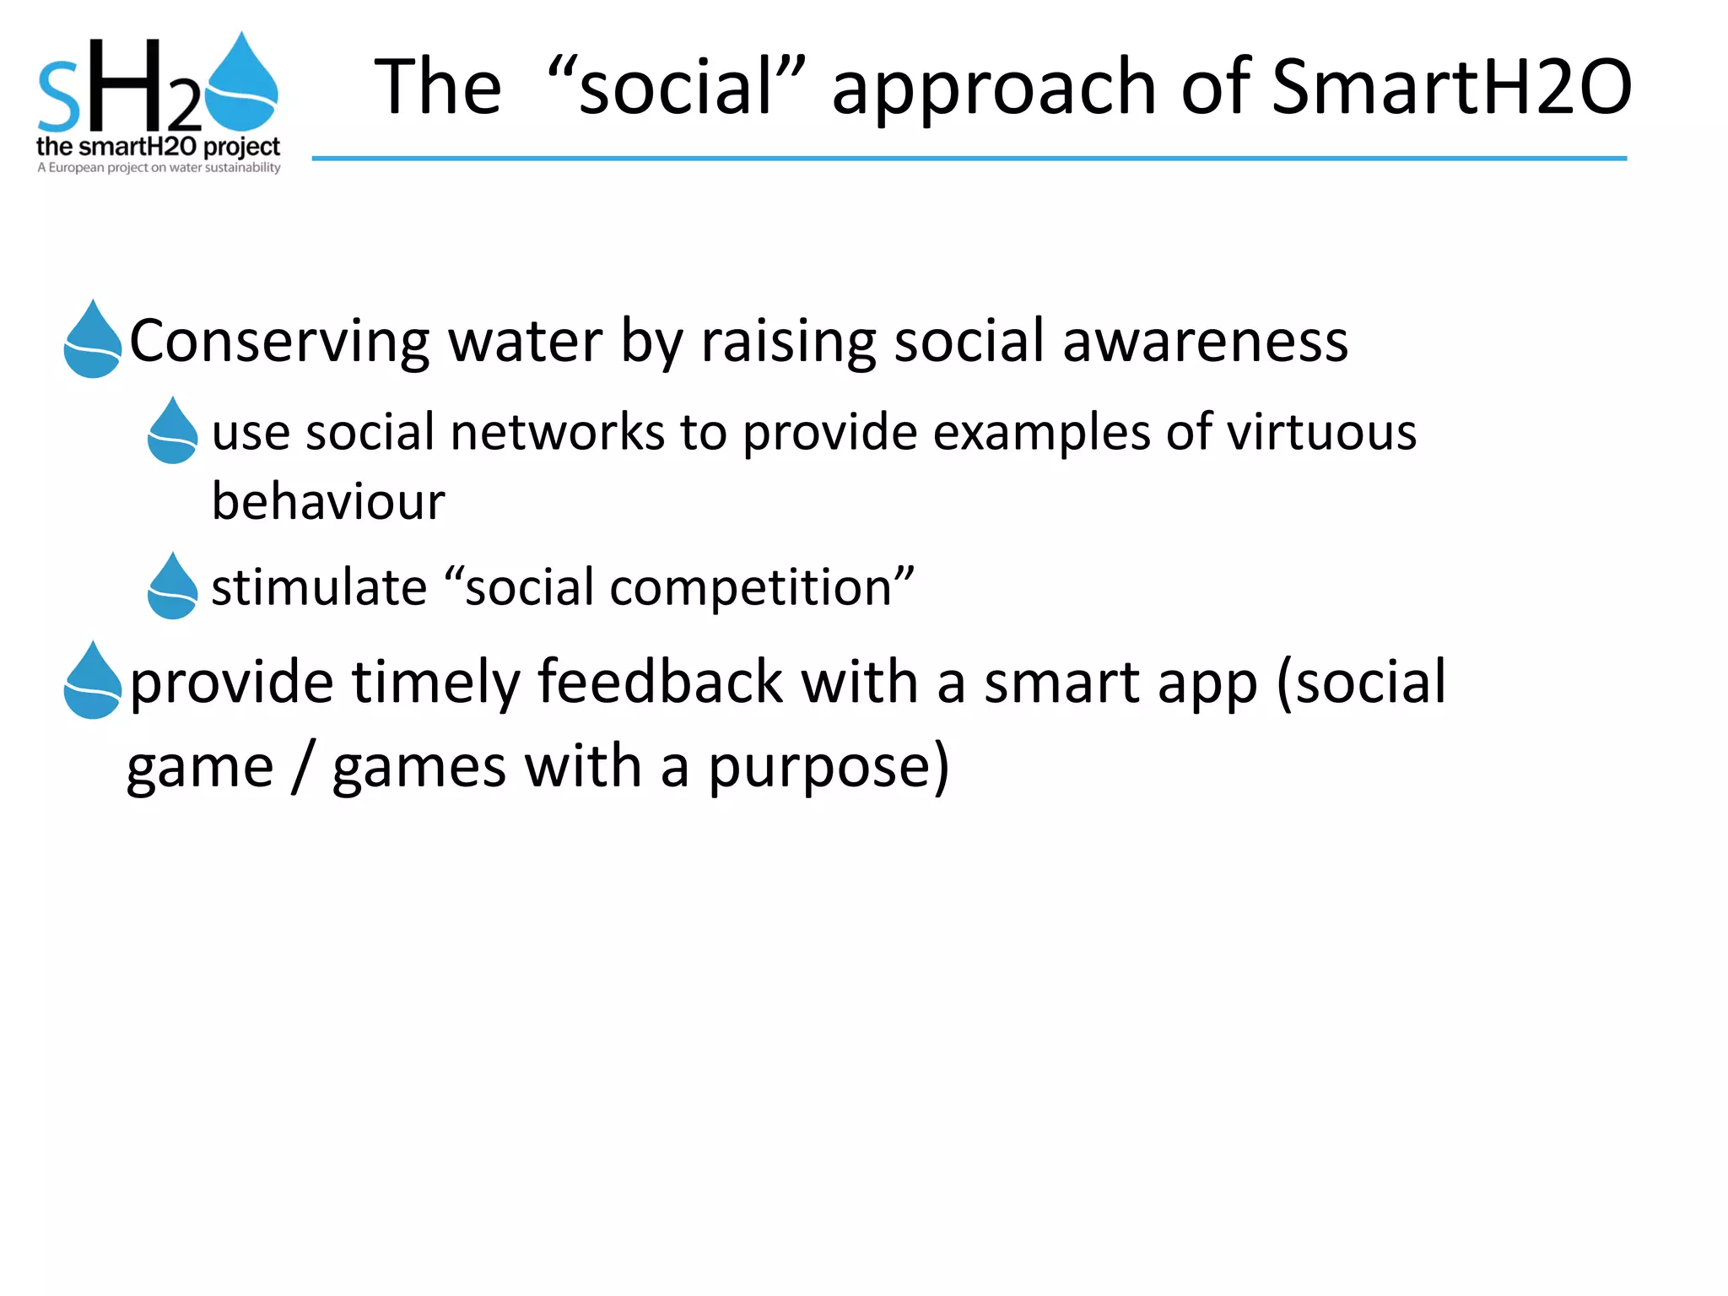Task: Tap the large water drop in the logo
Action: [242, 84]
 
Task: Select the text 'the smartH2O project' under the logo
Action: [158, 147]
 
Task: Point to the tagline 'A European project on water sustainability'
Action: [158, 168]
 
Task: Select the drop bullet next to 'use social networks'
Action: [172, 432]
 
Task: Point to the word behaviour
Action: [327, 502]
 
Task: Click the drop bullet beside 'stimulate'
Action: [172, 587]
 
